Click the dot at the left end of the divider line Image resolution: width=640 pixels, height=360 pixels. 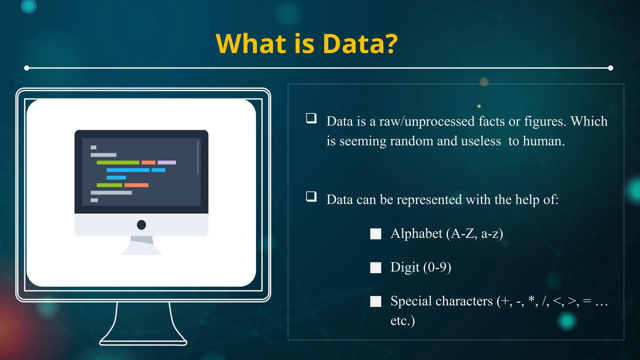[27, 68]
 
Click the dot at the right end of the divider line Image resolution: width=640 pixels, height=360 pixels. [611, 68]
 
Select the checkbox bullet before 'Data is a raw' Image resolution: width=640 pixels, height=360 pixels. [311, 118]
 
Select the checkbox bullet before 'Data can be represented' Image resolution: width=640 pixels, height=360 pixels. [311, 197]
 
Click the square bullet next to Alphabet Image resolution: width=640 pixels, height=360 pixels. [376, 234]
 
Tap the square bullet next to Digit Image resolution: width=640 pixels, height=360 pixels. [376, 267]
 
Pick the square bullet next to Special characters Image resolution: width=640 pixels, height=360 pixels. [376, 301]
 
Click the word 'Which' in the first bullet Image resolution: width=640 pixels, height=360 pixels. [589, 121]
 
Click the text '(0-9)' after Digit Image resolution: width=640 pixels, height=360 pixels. [437, 267]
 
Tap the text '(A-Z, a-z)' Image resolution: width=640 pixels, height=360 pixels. [475, 234]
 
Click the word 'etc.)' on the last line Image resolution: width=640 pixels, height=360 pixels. [402, 321]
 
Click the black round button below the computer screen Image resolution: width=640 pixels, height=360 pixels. [141, 225]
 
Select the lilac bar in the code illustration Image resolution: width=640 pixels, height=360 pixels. [167, 162]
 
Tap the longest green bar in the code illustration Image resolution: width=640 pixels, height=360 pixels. [118, 162]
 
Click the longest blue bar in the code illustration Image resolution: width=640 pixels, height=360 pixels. [128, 170]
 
